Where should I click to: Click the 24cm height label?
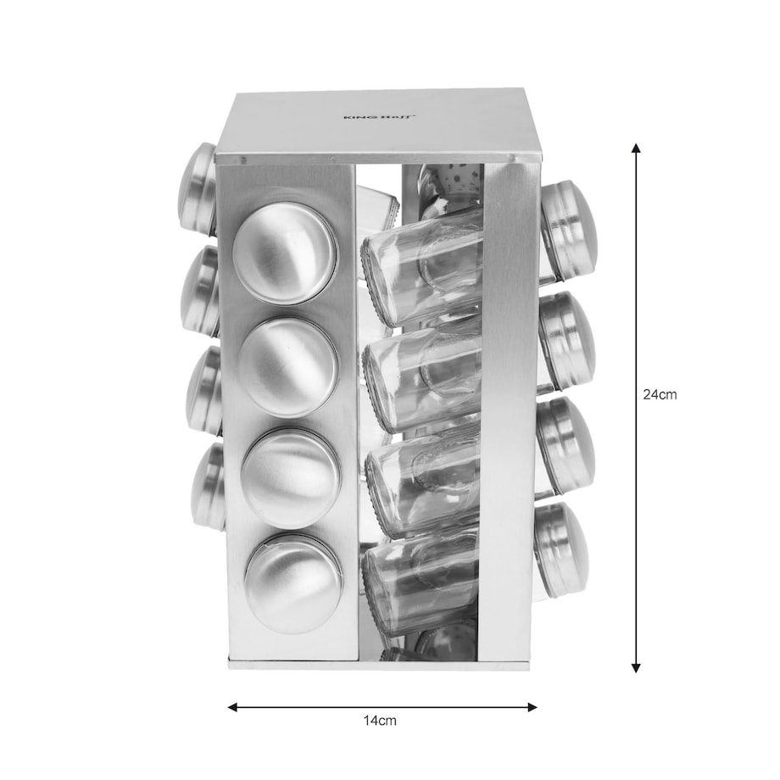coord(660,394)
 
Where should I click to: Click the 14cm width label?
coord(380,720)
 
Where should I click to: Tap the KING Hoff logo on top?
coord(380,117)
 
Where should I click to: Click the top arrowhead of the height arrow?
coord(635,148)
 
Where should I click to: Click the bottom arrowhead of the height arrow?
coord(635,667)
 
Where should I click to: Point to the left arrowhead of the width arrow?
coord(233,707)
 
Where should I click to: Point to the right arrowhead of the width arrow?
coord(532,707)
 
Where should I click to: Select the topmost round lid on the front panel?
coord(285,253)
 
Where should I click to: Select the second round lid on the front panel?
coord(288,367)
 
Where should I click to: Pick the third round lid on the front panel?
coord(292,478)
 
